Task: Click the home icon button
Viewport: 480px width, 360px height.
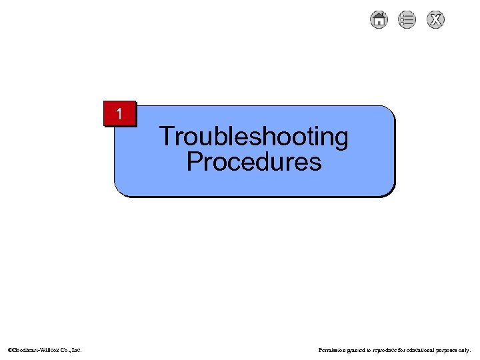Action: click(378, 20)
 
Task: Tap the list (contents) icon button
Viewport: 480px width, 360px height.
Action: click(407, 20)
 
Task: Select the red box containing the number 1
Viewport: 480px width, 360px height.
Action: click(119, 114)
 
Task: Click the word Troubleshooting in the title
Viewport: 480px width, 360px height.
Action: click(253, 137)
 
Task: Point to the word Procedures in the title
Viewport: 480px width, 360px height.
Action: click(253, 161)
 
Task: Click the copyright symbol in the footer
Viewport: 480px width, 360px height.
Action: click(9, 349)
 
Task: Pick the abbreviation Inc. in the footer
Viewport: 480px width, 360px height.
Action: click(77, 349)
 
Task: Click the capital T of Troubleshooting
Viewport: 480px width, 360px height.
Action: click(166, 137)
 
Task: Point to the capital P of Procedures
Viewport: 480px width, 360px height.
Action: click(194, 161)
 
